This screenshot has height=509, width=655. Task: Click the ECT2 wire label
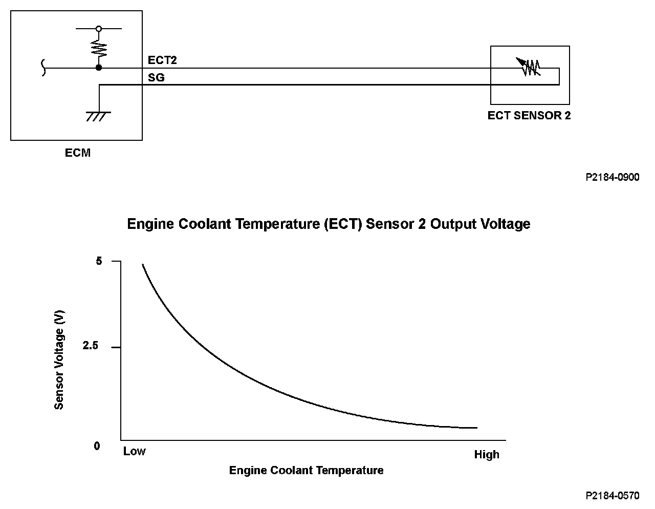[x=162, y=60]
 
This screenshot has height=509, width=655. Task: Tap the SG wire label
[x=156, y=78]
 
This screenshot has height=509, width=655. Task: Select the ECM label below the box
[x=78, y=153]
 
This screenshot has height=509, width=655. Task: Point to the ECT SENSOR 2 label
[x=529, y=115]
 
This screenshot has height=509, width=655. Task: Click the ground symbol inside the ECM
[x=97, y=116]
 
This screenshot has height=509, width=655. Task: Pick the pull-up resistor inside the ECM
[x=99, y=49]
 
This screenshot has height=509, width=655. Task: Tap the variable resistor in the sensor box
[x=530, y=67]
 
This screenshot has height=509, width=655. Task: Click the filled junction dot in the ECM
[x=99, y=68]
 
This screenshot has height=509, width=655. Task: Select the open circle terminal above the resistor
[x=99, y=29]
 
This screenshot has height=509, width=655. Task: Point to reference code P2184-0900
[x=613, y=177]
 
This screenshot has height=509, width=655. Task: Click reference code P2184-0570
[x=613, y=496]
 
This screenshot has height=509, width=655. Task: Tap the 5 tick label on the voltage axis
[x=99, y=261]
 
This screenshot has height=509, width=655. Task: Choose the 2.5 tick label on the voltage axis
[x=90, y=346]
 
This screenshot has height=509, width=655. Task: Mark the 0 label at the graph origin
[x=97, y=446]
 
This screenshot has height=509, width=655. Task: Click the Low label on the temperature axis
[x=134, y=451]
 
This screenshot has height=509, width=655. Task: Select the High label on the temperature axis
[x=486, y=455]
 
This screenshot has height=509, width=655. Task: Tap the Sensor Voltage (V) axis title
[x=59, y=360]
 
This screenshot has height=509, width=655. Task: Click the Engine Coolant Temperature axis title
[x=306, y=470]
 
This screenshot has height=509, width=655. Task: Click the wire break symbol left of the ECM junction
[x=43, y=68]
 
